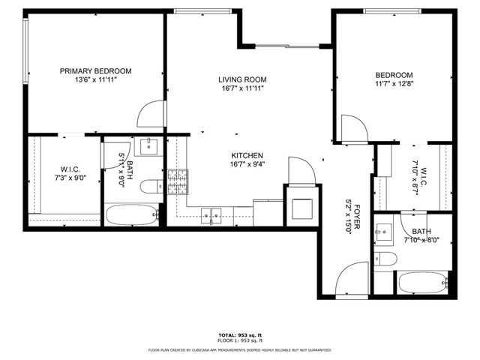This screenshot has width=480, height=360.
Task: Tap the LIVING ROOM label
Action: click(x=242, y=79)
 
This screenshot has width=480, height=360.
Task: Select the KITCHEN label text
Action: click(x=247, y=155)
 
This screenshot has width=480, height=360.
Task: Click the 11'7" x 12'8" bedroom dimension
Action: click(x=394, y=84)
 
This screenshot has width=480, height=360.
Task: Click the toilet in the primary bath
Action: click(x=150, y=187)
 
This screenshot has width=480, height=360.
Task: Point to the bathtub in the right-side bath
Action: click(x=422, y=283)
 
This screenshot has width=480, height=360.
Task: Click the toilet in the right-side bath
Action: click(x=385, y=259)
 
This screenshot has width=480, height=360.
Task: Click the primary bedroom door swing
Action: click(x=150, y=114)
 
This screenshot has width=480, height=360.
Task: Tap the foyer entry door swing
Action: click(x=351, y=281)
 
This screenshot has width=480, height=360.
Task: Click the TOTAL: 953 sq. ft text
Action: click(x=240, y=334)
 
